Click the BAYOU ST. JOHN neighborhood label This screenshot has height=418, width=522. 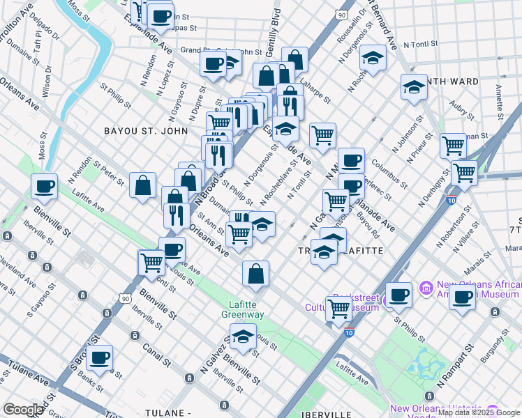click(x=146, y=130)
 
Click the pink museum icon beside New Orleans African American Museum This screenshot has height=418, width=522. click(x=425, y=287)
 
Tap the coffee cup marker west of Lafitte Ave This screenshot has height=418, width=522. click(x=44, y=186)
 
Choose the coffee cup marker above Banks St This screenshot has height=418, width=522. click(x=100, y=357)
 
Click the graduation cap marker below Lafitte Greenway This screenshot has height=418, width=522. click(x=242, y=337)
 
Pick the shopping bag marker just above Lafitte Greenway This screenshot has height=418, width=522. click(x=256, y=273)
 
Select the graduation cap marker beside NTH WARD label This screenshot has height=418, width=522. click(x=414, y=87)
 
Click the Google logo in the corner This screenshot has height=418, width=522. click(x=23, y=410)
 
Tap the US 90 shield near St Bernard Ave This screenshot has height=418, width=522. click(x=341, y=14)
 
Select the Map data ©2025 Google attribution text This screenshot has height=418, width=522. click(x=479, y=412)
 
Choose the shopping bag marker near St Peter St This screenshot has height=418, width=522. click(x=142, y=185)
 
